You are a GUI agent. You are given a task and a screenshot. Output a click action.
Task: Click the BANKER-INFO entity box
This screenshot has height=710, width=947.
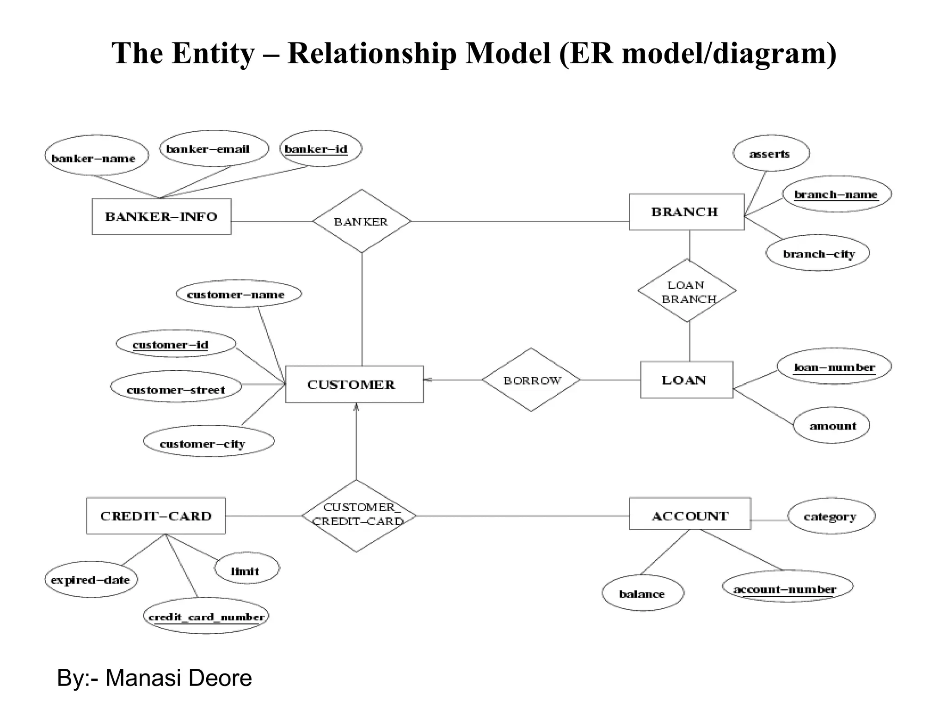click(x=161, y=217)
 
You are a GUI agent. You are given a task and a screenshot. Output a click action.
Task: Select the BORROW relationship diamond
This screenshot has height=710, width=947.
click(x=531, y=380)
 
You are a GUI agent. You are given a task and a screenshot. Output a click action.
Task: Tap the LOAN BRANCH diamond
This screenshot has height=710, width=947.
click(x=687, y=291)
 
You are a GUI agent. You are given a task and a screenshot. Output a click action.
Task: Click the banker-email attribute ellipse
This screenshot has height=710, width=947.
click(x=214, y=149)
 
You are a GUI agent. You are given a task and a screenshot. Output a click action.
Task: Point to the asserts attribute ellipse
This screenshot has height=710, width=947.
click(x=771, y=153)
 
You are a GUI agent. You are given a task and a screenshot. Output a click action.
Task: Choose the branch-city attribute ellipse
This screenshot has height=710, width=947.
click(x=818, y=253)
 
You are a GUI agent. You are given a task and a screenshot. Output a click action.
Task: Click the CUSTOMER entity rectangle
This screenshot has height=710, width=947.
click(x=354, y=385)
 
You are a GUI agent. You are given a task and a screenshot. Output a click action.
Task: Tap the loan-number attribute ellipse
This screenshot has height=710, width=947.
click(x=834, y=367)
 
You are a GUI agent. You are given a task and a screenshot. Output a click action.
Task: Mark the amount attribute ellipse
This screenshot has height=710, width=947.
click(x=831, y=425)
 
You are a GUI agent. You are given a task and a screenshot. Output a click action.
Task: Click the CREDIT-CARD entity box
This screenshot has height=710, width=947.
click(x=156, y=516)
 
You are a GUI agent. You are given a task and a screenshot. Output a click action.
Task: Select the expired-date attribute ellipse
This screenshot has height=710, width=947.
click(x=91, y=580)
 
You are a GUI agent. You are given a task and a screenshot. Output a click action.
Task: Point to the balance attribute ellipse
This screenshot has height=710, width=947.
click(x=642, y=593)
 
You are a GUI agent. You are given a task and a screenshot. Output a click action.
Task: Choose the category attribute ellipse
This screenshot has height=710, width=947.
click(x=831, y=516)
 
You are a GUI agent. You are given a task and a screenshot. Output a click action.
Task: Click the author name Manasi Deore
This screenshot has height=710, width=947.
click(x=178, y=678)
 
